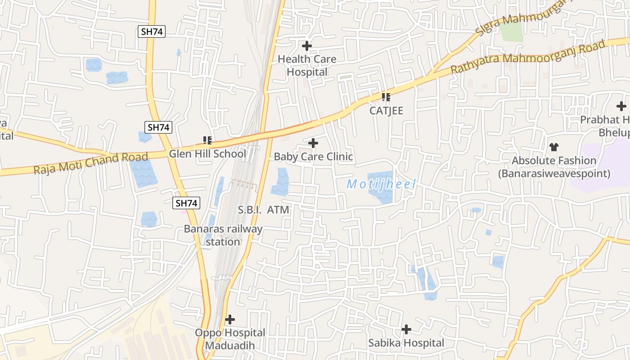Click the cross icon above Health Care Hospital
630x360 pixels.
tap(307, 46)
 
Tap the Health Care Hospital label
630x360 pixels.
tap(307, 65)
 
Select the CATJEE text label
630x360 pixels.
tap(386, 111)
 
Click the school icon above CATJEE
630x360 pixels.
tap(386, 97)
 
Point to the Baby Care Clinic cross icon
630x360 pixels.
tap(313, 143)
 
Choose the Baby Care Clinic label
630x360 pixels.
tap(313, 157)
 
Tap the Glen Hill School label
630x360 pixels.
tap(207, 154)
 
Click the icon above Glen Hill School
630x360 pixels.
tap(207, 140)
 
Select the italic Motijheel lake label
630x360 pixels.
tap(381, 184)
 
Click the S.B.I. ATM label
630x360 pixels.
tap(263, 210)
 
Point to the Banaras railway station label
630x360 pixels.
tap(223, 235)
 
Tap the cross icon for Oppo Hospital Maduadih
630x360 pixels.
tap(230, 319)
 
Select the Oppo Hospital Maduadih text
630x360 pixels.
tap(230, 339)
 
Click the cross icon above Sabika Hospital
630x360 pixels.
tap(406, 329)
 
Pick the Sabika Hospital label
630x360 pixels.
tap(406, 343)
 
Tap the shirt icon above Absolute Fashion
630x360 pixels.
tap(554, 147)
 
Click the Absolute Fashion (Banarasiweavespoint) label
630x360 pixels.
tap(554, 167)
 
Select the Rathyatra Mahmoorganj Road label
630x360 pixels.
tap(528, 57)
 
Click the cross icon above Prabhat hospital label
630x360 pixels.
tap(621, 106)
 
